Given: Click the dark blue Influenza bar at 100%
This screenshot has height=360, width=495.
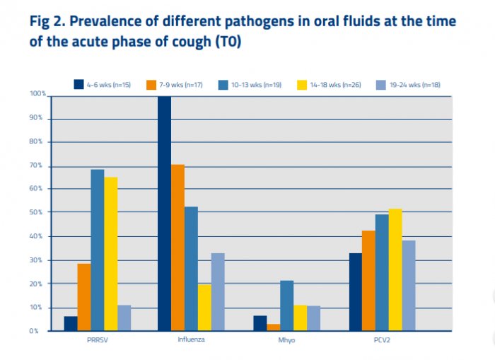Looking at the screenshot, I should pos(164,212).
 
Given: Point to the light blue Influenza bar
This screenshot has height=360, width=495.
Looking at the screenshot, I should pos(218,291).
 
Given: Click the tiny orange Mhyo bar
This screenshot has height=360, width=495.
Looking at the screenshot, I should pos(273,327).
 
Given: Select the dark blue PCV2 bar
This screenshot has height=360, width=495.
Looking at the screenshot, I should pos(355,291).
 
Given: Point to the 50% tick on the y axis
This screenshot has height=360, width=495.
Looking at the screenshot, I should pos(37,212).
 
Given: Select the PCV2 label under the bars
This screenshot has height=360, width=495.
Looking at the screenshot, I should pos(382,341).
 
